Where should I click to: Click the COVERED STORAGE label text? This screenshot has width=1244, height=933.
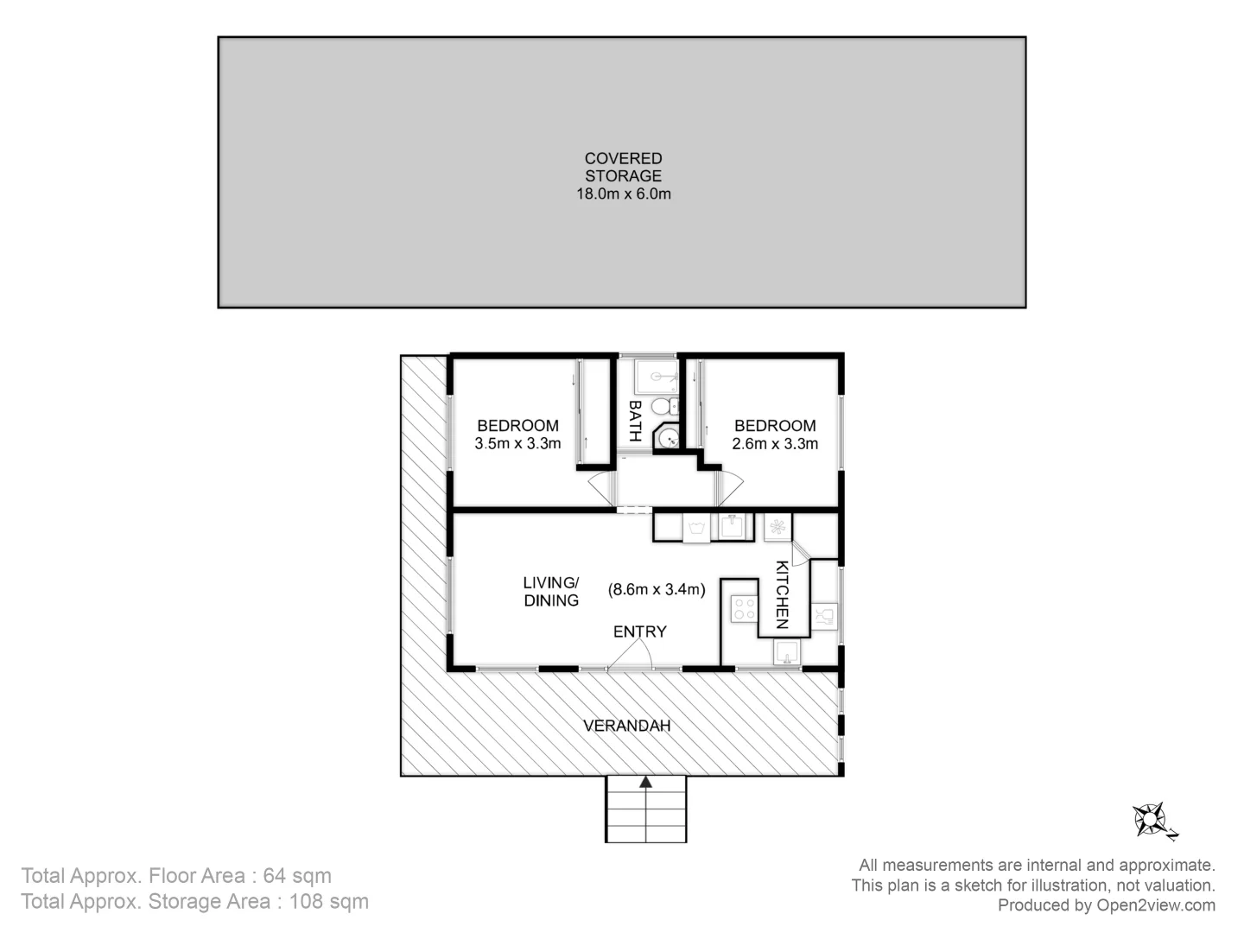[623, 167]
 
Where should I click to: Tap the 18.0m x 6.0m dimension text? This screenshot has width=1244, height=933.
[623, 194]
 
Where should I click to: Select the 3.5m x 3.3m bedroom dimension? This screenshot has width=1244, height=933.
[517, 444]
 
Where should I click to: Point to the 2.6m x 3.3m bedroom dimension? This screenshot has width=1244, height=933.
[775, 444]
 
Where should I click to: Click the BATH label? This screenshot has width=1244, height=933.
[635, 421]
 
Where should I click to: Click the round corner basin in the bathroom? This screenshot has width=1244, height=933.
[668, 439]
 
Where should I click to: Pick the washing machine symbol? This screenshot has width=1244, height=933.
[696, 527]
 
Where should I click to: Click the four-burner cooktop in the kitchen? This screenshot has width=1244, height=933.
[743, 609]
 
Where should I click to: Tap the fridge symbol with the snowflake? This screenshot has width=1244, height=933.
[777, 527]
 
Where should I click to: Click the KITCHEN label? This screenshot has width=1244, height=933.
[782, 594]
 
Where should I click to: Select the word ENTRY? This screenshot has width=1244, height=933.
[639, 632]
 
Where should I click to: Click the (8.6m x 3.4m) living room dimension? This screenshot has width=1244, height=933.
[657, 590]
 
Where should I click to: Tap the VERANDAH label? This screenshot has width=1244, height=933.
[626, 726]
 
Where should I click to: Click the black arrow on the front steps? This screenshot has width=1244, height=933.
[645, 783]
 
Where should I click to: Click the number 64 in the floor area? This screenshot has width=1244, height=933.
[275, 875]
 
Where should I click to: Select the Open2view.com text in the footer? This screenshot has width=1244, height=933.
[1156, 905]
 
